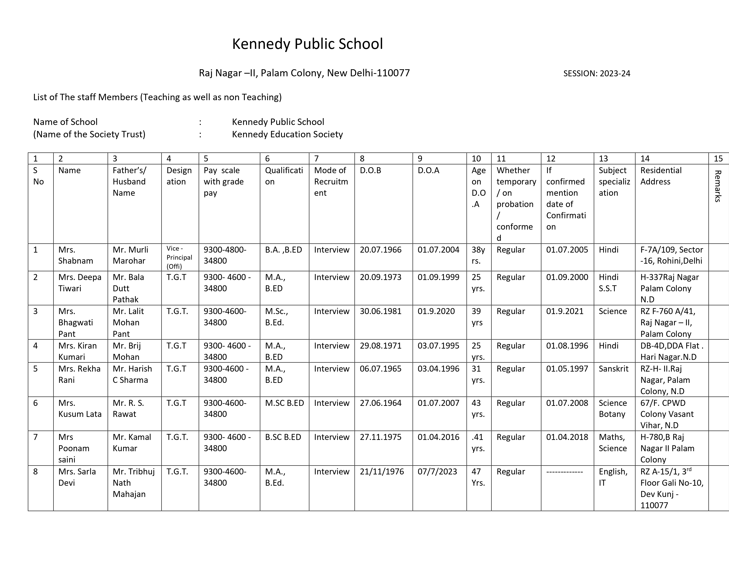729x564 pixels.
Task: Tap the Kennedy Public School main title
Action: click(x=308, y=44)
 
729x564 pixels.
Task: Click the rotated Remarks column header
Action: click(x=718, y=186)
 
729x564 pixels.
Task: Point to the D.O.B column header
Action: click(x=370, y=170)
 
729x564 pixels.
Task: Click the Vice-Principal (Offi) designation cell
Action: click(x=179, y=257)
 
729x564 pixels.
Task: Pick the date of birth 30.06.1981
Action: click(x=381, y=311)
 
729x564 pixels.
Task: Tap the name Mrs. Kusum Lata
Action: click(x=80, y=409)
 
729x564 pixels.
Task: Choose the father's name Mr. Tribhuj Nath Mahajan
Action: click(x=133, y=483)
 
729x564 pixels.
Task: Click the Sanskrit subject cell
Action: click(x=613, y=369)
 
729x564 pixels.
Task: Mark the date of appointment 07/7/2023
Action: click(x=437, y=472)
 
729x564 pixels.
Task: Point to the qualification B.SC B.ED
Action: click(x=283, y=437)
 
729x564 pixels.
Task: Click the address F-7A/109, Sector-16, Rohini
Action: click(x=671, y=255)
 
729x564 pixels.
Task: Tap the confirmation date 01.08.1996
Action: click(x=567, y=346)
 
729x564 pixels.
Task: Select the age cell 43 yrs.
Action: click(x=478, y=409)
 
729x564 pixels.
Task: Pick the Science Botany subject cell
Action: click(x=613, y=409)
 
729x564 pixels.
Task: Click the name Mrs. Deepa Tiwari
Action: click(x=80, y=283)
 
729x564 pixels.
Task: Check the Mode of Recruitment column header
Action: click(x=331, y=182)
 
